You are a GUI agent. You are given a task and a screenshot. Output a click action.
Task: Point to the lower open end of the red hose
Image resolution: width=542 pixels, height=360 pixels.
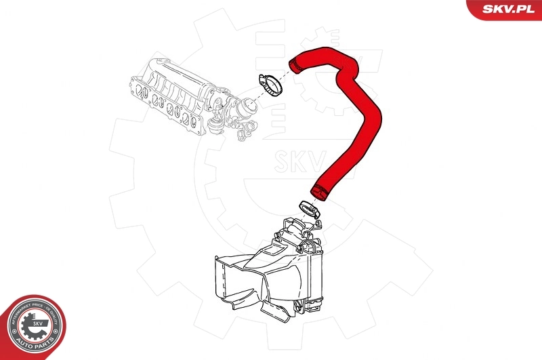point(318,191)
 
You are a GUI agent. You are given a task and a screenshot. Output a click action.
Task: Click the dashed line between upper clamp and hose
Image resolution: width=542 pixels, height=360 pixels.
point(284,75)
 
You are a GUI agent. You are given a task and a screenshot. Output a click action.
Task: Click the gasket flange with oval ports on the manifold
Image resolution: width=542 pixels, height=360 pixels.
point(169,105)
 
